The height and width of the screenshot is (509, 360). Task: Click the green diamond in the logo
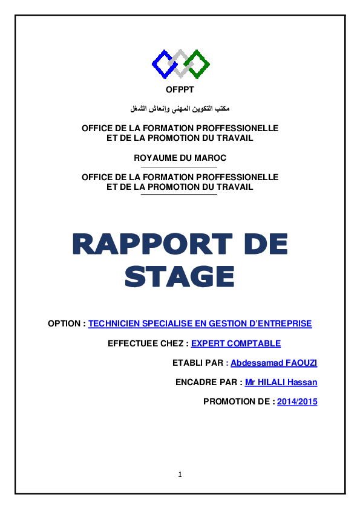pyautogui.click(x=197, y=63)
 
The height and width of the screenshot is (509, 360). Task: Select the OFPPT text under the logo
pyautogui.click(x=180, y=92)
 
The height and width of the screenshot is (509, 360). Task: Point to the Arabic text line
pyautogui.click(x=180, y=108)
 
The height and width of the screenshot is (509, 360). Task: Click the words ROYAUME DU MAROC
pyautogui.click(x=180, y=158)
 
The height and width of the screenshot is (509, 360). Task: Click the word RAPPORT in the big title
pyautogui.click(x=154, y=245)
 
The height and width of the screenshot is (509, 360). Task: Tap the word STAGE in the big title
pyautogui.click(x=180, y=276)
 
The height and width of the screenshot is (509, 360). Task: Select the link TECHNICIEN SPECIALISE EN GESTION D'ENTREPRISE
pyautogui.click(x=200, y=324)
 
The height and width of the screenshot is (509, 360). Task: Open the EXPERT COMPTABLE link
pyautogui.click(x=236, y=344)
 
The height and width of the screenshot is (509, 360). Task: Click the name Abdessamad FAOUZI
pyautogui.click(x=274, y=363)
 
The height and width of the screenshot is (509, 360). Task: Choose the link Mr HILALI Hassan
pyautogui.click(x=281, y=383)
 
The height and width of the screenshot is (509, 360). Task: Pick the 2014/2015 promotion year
pyautogui.click(x=297, y=402)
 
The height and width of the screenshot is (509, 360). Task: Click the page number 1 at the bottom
pyautogui.click(x=180, y=475)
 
